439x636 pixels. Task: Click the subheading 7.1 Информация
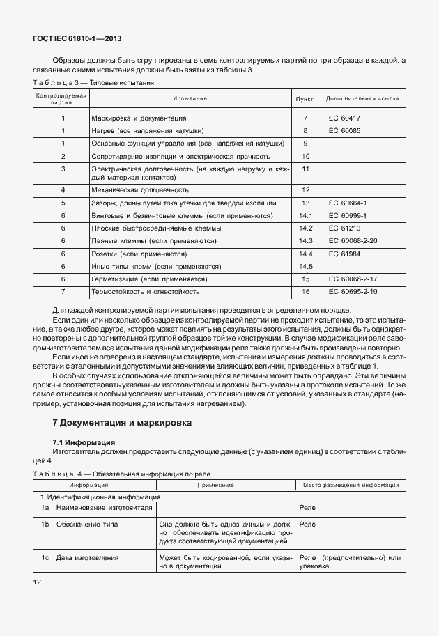pos(84,442)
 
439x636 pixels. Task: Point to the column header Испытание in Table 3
pos(190,99)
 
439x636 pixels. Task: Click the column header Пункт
pos(305,99)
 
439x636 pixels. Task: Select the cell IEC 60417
pos(344,118)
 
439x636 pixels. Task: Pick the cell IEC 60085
pos(344,130)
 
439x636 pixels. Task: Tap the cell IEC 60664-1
pos(346,203)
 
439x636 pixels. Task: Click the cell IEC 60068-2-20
pos(352,240)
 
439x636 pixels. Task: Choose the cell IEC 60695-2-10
pos(352,291)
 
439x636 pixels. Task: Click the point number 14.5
pos(305,266)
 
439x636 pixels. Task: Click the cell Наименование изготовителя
pos(105,509)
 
